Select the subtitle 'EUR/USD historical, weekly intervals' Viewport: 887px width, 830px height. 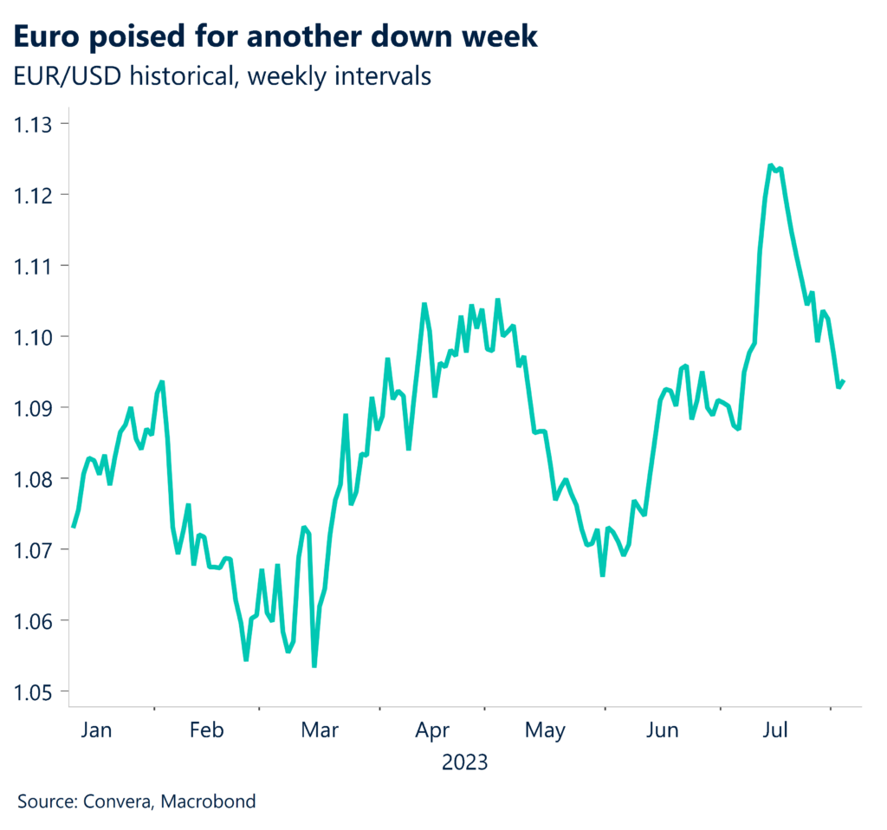tap(222, 76)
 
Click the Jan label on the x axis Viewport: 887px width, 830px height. tap(95, 730)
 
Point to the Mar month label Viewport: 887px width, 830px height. tap(319, 730)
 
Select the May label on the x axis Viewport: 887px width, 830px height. tap(546, 730)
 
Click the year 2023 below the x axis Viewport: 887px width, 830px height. tap(464, 763)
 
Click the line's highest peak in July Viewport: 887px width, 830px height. tap(770, 165)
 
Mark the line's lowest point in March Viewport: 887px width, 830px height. tap(314, 665)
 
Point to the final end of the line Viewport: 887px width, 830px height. tap(844, 381)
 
